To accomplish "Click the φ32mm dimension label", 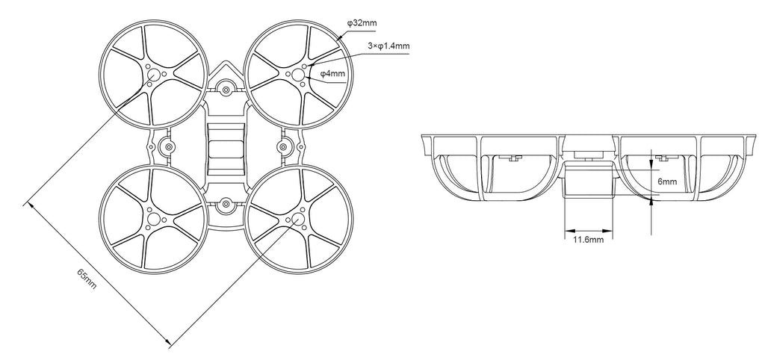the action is point(362,23).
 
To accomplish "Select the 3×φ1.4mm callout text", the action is point(388,46).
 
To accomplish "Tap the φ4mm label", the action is point(332,74).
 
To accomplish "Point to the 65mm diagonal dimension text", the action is point(87,278).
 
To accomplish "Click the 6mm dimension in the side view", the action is point(667,181).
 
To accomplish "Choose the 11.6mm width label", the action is point(588,240).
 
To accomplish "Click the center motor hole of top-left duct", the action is point(153,75).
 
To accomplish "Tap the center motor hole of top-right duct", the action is point(298,75).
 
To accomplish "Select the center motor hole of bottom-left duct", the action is point(153,219).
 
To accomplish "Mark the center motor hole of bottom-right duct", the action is point(298,219).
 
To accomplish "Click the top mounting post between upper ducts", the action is point(226,90).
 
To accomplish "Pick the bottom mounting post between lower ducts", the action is point(226,204).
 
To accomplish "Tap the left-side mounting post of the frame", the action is point(169,147).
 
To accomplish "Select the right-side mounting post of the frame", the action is point(283,147).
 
